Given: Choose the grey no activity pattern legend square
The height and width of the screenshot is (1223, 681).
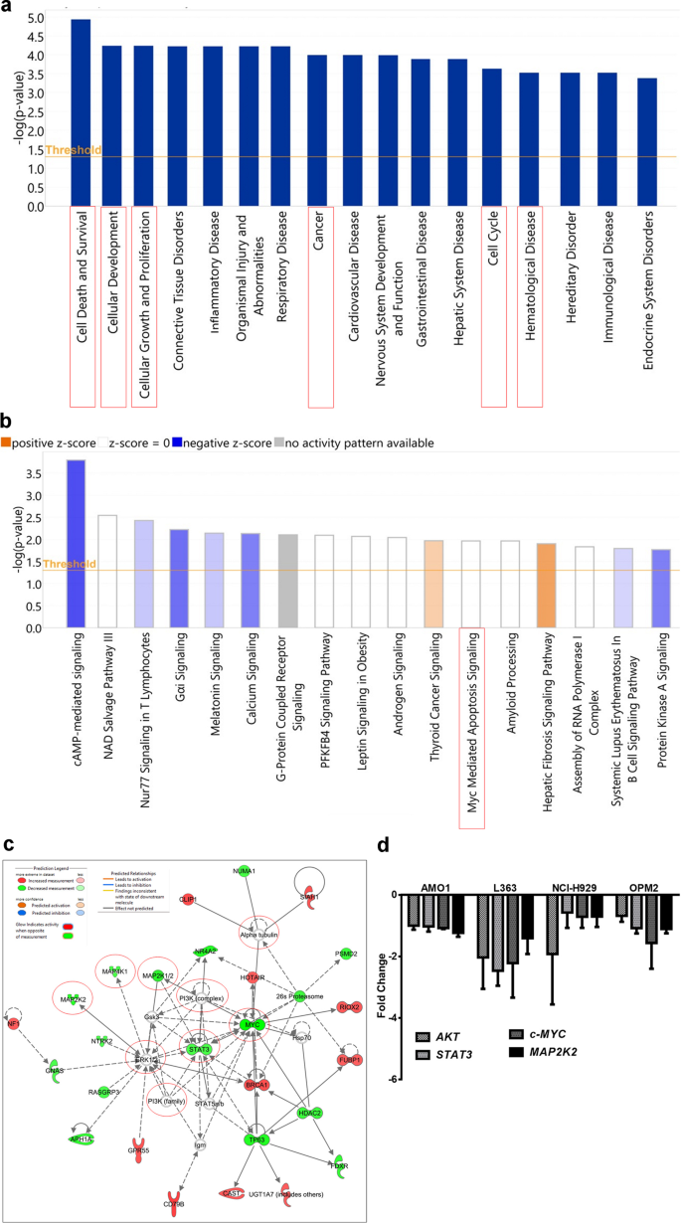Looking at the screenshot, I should (x=279, y=442).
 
